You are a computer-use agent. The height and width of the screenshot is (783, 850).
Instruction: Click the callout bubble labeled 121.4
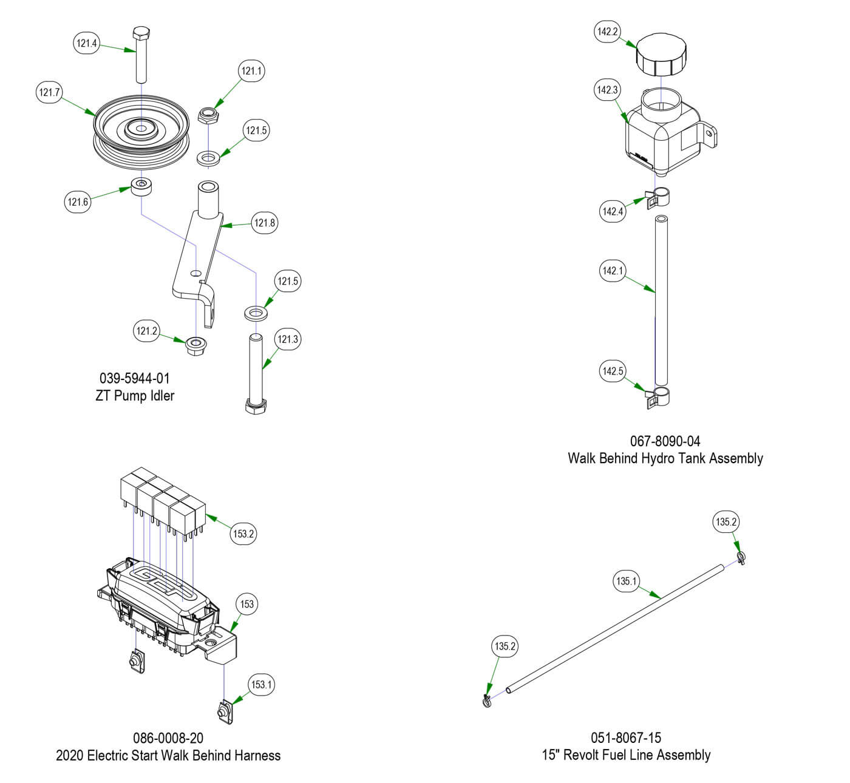coord(87,43)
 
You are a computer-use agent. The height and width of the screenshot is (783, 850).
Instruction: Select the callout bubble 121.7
coord(49,92)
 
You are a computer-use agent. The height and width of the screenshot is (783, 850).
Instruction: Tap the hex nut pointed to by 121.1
coord(208,114)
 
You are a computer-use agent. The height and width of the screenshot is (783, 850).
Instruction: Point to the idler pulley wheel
coord(141,137)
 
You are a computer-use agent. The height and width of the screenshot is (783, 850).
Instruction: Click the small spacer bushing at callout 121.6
coord(142,186)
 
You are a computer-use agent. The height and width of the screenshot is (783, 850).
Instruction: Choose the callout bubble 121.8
coord(265,223)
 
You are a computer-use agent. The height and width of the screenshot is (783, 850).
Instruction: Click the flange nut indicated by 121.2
coord(195,346)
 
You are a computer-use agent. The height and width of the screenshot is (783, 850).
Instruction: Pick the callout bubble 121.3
coord(288,339)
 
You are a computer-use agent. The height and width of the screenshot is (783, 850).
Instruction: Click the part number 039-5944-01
coord(135,379)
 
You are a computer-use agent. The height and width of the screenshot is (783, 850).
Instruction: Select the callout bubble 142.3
coord(607,90)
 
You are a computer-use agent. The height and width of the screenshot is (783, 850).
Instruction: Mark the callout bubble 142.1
coord(613,271)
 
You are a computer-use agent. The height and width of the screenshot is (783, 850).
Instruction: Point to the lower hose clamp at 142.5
coord(658,397)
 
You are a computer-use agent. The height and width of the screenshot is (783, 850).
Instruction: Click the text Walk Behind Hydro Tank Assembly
coord(665,458)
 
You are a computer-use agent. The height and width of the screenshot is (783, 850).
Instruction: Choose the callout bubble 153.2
coord(243,534)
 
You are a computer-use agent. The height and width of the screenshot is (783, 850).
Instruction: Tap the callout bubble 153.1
coord(262,684)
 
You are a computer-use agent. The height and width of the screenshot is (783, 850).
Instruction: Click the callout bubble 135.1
coord(626,581)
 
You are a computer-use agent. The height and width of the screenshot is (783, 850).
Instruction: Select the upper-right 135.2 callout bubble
coord(726,522)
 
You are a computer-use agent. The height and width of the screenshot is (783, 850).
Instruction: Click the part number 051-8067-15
coord(626,738)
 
